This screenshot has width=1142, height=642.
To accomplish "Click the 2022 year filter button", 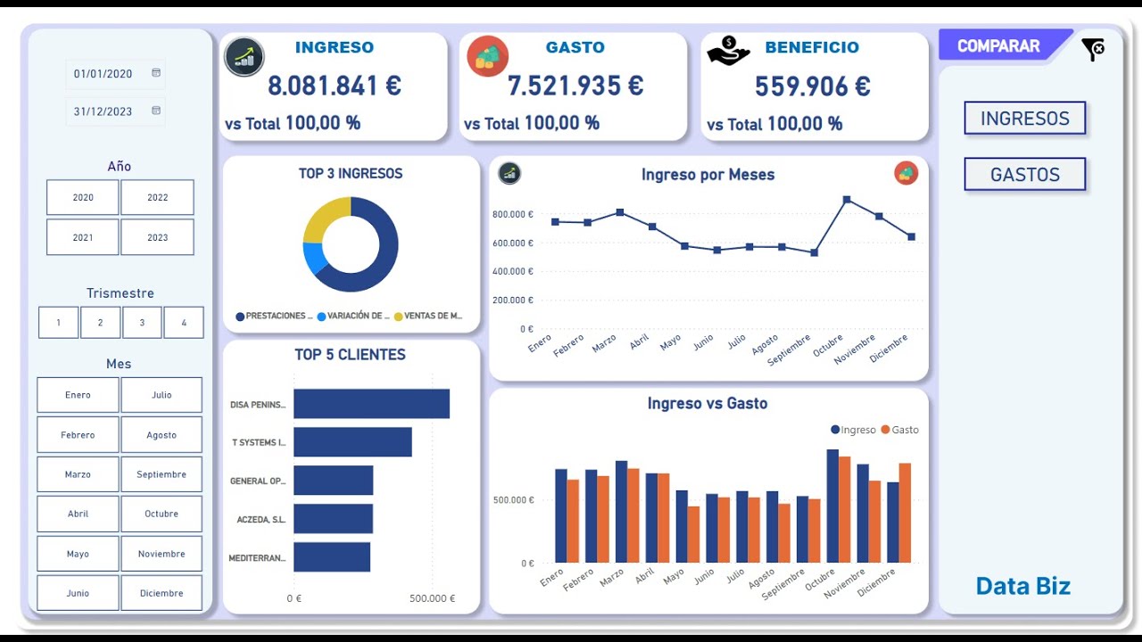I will click(157, 198).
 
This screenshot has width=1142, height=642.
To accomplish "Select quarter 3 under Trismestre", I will click(142, 323).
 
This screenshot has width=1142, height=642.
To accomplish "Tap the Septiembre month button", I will click(161, 474).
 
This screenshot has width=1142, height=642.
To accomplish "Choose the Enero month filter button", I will click(78, 395).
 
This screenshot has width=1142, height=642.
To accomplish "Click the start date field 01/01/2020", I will click(103, 74).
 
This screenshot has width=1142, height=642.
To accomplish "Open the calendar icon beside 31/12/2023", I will click(156, 111).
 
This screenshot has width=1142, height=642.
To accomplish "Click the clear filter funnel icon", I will click(1092, 50).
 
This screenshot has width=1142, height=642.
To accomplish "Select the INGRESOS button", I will click(1024, 119).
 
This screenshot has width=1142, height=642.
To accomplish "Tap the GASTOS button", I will click(1024, 175).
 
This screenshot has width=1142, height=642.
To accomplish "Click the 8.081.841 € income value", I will click(335, 86).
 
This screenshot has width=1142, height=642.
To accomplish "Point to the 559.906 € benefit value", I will click(812, 86).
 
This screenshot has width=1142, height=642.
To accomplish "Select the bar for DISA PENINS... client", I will click(371, 404).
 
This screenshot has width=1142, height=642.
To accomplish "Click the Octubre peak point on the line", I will click(847, 200).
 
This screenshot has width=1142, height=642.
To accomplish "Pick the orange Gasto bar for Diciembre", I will click(905, 513).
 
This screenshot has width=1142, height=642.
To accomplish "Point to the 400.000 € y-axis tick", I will click(512, 271).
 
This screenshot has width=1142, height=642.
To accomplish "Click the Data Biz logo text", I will click(1022, 586).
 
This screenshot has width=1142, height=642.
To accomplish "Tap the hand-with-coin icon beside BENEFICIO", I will click(728, 52).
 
